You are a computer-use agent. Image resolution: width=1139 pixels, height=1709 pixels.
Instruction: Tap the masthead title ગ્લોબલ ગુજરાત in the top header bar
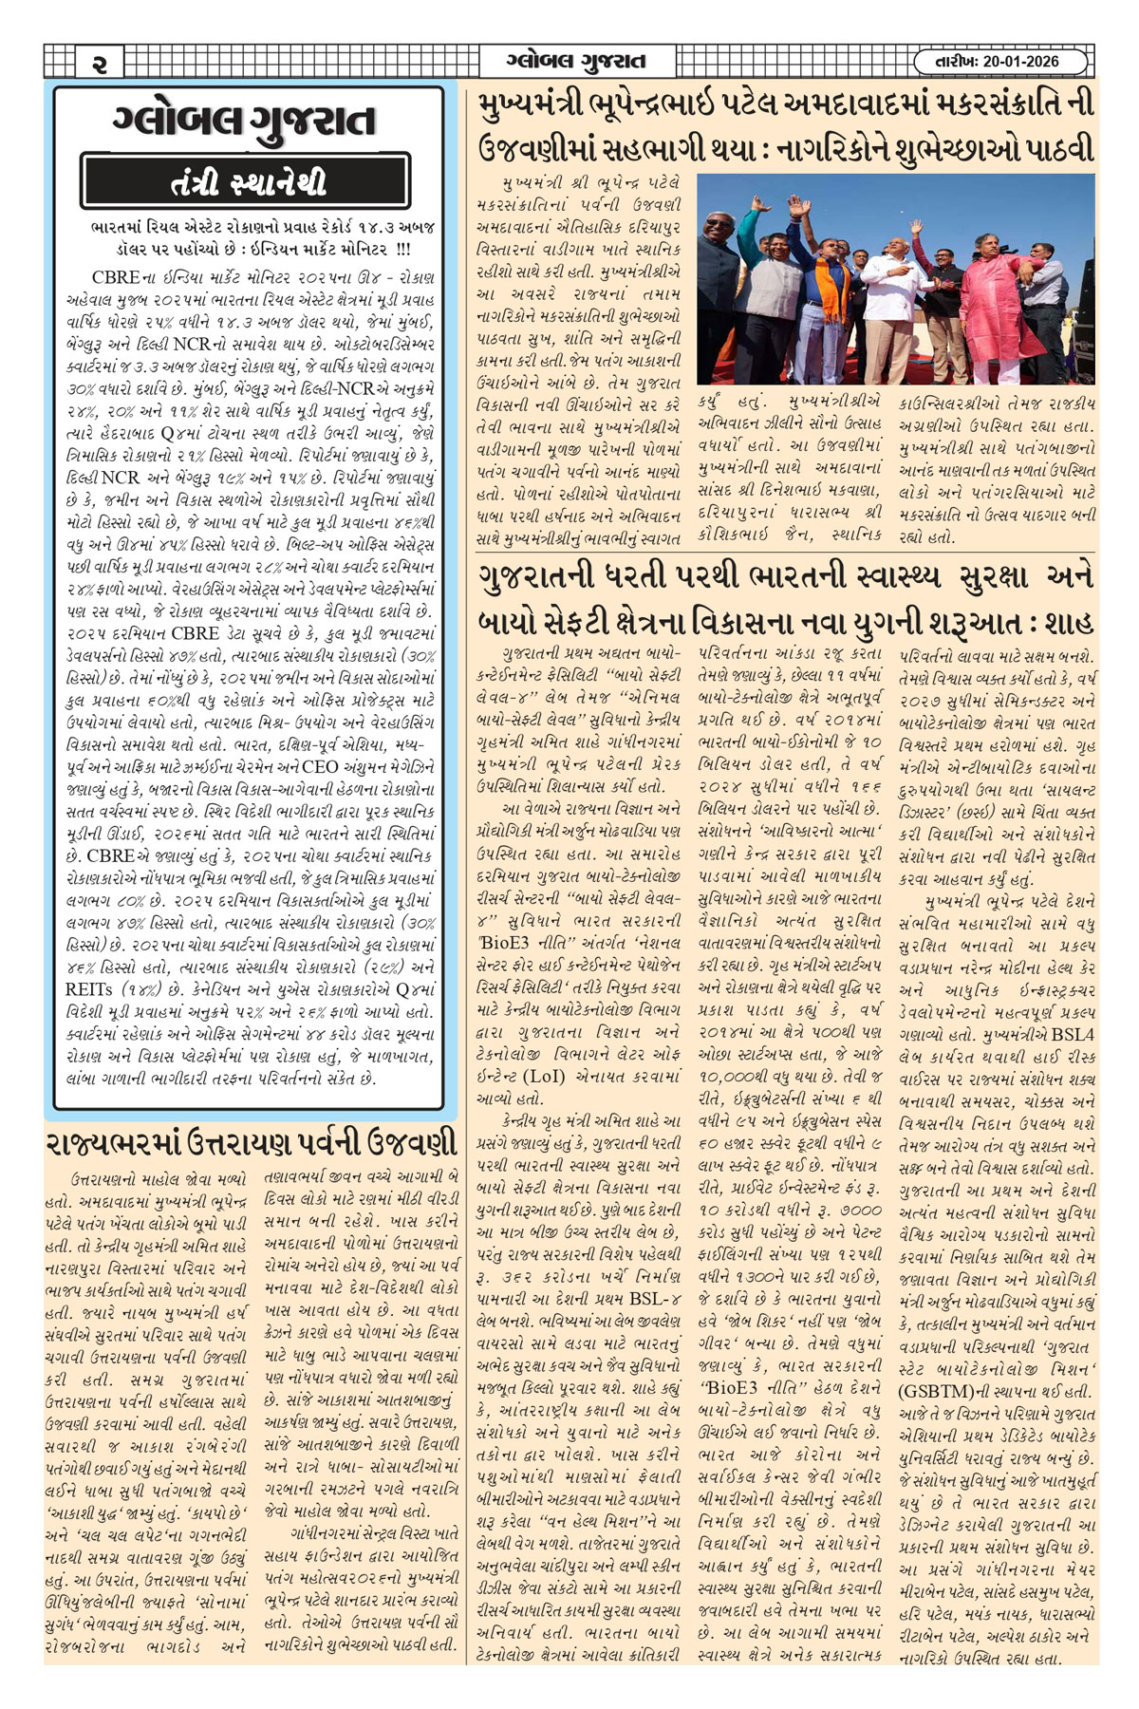tap(575, 62)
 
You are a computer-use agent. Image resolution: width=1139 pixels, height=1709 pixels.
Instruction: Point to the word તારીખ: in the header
tap(950, 62)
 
